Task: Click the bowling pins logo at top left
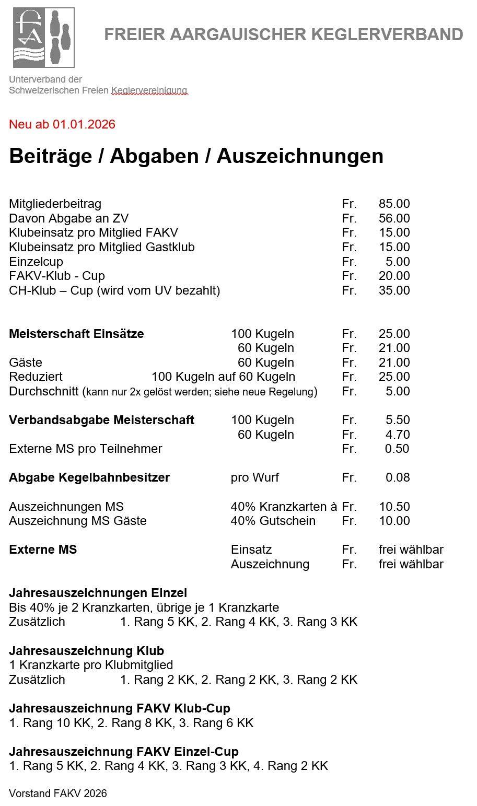[44, 38]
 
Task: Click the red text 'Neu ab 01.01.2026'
[62, 124]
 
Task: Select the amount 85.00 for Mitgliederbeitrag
[394, 204]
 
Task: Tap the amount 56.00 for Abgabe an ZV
[394, 218]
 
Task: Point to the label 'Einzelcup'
[36, 262]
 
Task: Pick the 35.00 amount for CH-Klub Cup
[394, 290]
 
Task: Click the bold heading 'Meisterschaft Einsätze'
[76, 334]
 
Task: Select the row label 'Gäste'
[26, 363]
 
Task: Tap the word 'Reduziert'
[36, 377]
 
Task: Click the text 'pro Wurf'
[255, 477]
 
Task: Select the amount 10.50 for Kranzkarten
[394, 507]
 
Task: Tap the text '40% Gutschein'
[273, 521]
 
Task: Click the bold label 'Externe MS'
[43, 550]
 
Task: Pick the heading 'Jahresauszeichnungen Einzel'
[98, 593]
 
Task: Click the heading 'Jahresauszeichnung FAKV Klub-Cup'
[120, 708]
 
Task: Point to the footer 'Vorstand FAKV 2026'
[58, 793]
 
